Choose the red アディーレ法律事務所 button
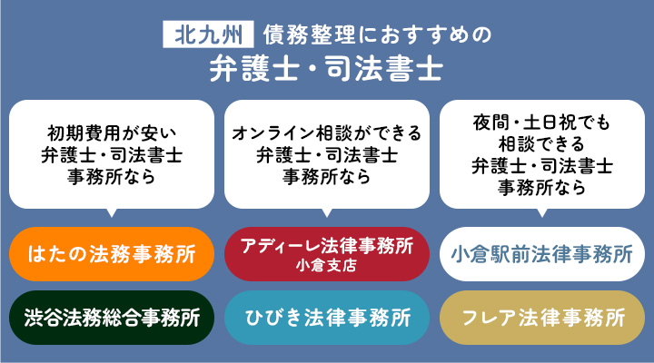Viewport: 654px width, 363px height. (326, 253)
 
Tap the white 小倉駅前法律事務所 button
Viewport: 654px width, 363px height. (541, 253)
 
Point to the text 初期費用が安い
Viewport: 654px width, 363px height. (112, 133)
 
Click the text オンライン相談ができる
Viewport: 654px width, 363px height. (326, 133)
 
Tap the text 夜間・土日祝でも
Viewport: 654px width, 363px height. (541, 123)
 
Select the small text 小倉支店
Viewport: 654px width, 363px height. (326, 267)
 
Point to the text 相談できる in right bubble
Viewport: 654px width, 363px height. (541, 144)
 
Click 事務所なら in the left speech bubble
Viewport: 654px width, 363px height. (112, 177)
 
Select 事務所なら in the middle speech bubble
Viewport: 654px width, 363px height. (326, 177)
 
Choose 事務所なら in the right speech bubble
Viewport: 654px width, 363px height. (541, 188)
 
